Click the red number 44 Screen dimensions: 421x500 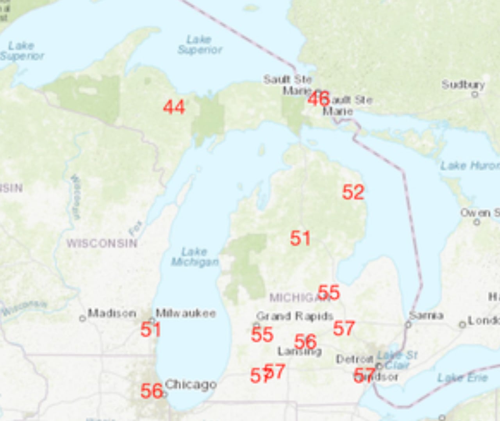point(174,107)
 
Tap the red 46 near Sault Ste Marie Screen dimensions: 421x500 point(318,98)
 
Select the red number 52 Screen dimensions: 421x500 point(353,192)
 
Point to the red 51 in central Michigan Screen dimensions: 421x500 point(300,238)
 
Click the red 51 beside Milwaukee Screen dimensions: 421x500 point(150,330)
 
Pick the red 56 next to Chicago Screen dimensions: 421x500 point(151,391)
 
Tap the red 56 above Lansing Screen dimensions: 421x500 point(305,342)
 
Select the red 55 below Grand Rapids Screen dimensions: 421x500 point(262,335)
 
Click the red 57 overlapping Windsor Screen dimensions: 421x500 point(364,375)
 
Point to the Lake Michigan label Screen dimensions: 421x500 point(195,257)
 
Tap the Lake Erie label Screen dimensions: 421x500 point(462,378)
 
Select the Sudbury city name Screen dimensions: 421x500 point(463,84)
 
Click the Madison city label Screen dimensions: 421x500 point(112,313)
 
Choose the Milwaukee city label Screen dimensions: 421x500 point(186,313)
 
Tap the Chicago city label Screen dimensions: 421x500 point(191,384)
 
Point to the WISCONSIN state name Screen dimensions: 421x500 point(102,243)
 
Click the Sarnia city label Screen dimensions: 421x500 point(426,315)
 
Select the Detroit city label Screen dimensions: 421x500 point(354,359)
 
